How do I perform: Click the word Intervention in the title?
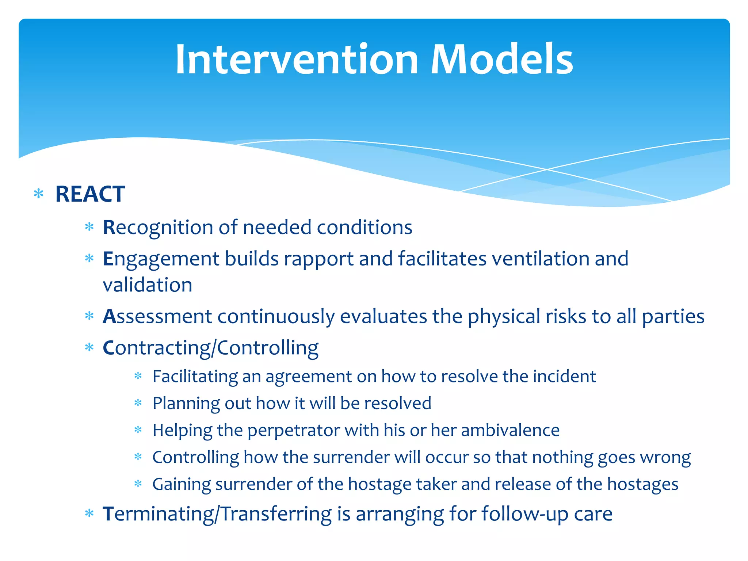(297, 59)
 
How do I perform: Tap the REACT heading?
(90, 194)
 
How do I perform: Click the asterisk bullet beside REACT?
(38, 194)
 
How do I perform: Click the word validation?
(148, 285)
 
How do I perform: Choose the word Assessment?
(157, 316)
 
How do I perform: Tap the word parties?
(673, 316)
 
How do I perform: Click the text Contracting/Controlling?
(210, 348)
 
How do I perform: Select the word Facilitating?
(195, 377)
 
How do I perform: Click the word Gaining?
(181, 484)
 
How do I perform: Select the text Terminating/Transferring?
(217, 514)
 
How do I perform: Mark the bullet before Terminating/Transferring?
(89, 514)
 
